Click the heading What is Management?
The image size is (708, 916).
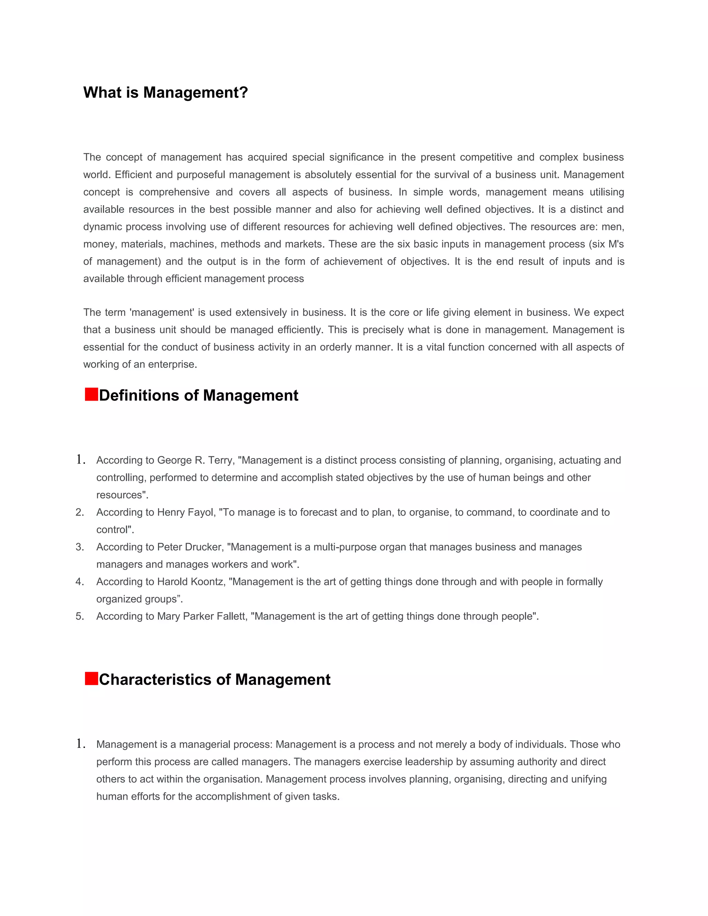pos(165,93)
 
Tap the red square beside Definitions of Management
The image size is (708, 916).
pos(91,395)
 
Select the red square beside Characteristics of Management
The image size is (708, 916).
pos(91,679)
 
